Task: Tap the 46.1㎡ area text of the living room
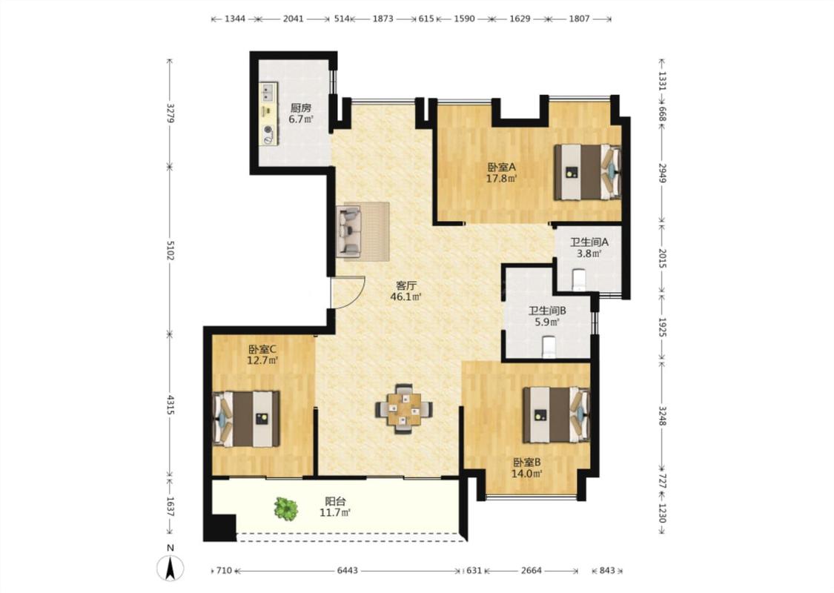(406, 296)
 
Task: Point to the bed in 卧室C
(246, 419)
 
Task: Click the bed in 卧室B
(556, 415)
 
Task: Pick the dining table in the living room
(404, 409)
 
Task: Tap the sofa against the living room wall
(348, 231)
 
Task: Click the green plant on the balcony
(285, 508)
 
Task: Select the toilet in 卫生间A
(578, 279)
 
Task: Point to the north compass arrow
(171, 568)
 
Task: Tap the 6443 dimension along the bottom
(348, 571)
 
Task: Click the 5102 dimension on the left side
(171, 251)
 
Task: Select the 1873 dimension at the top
(383, 19)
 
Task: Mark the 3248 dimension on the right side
(662, 416)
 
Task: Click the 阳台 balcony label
(335, 501)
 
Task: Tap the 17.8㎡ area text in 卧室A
(502, 179)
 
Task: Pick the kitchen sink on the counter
(268, 93)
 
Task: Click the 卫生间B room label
(547, 311)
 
